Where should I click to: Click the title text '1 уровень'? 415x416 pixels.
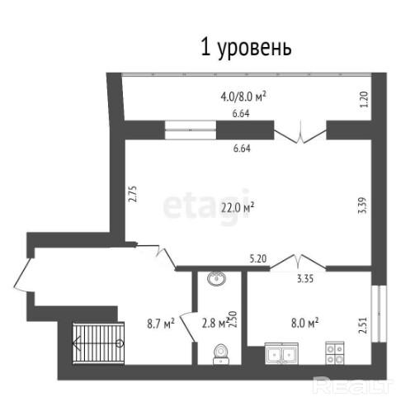[x=246, y=49]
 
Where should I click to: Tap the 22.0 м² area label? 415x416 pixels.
[x=238, y=208]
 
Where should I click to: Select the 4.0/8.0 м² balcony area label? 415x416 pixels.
[x=243, y=97]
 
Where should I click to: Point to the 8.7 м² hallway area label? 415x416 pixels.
[x=161, y=324]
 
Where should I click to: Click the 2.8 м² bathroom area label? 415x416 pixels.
[x=215, y=324]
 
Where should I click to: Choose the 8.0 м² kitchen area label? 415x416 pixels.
[x=305, y=323]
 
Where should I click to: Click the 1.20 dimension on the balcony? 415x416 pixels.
[x=364, y=100]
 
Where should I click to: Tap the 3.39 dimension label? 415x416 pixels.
[x=363, y=205]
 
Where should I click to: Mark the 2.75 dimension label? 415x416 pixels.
[x=133, y=194]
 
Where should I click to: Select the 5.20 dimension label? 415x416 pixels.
[x=257, y=259]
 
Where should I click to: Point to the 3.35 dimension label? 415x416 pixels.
[x=305, y=279]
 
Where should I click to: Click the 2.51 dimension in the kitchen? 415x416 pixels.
[x=363, y=325]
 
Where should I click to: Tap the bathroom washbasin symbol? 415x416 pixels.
[x=216, y=278]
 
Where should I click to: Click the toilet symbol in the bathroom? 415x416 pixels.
[x=221, y=354]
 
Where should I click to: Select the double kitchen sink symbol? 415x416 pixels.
[x=281, y=353]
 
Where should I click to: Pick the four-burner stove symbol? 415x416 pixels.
[x=335, y=353]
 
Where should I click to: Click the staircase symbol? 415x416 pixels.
[x=98, y=343]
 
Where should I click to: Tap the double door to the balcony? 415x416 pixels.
[x=300, y=133]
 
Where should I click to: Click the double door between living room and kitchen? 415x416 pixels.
[x=298, y=262]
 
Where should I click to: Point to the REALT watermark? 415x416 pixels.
[x=353, y=385]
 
